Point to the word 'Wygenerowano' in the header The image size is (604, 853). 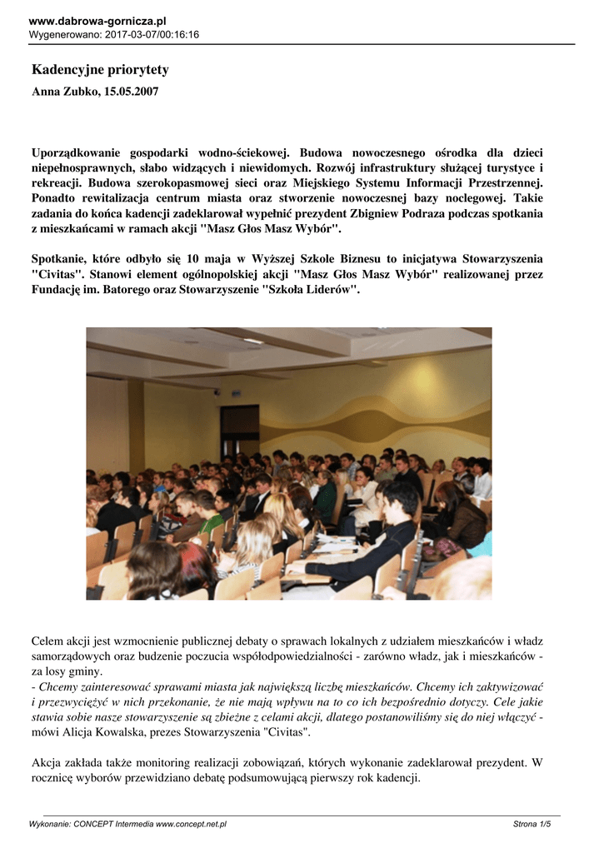point(63,34)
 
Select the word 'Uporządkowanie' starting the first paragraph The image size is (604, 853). point(79,153)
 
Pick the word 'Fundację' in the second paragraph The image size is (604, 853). point(56,289)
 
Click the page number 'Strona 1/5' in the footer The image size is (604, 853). point(532,824)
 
